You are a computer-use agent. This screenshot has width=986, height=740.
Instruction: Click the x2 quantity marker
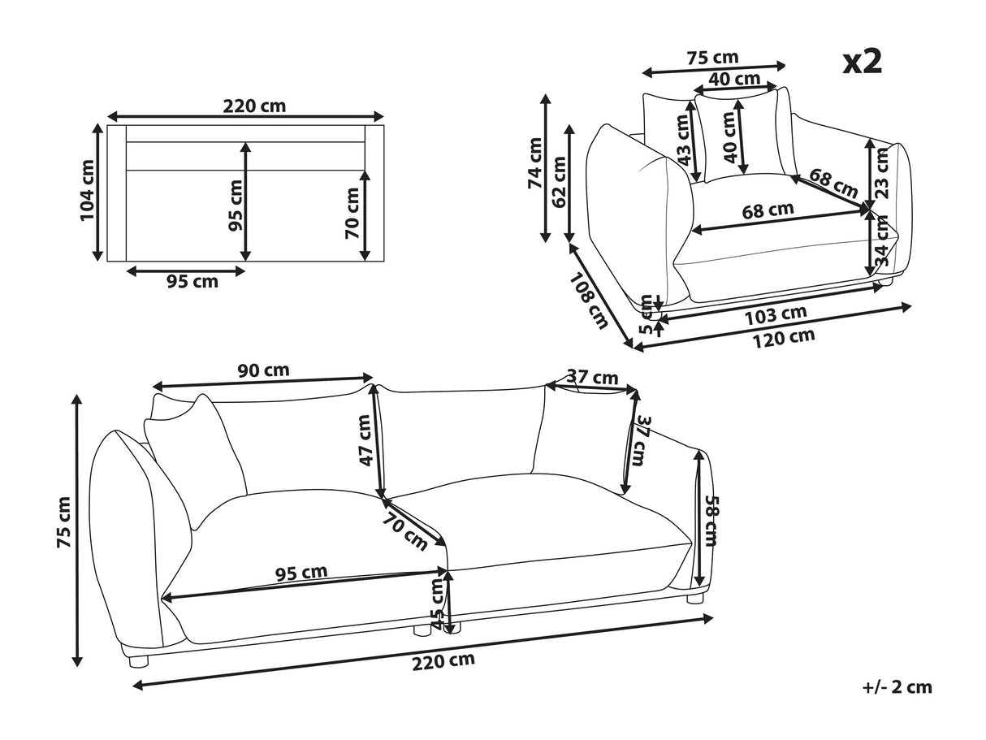(863, 63)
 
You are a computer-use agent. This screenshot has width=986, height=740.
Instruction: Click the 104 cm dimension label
(87, 191)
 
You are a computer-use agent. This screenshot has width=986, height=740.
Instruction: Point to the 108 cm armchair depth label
(589, 301)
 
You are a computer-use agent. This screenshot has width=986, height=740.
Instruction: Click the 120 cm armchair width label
(784, 338)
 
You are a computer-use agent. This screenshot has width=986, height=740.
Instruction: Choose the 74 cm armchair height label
(535, 163)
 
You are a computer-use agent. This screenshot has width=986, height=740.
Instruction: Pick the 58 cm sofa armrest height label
(710, 521)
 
